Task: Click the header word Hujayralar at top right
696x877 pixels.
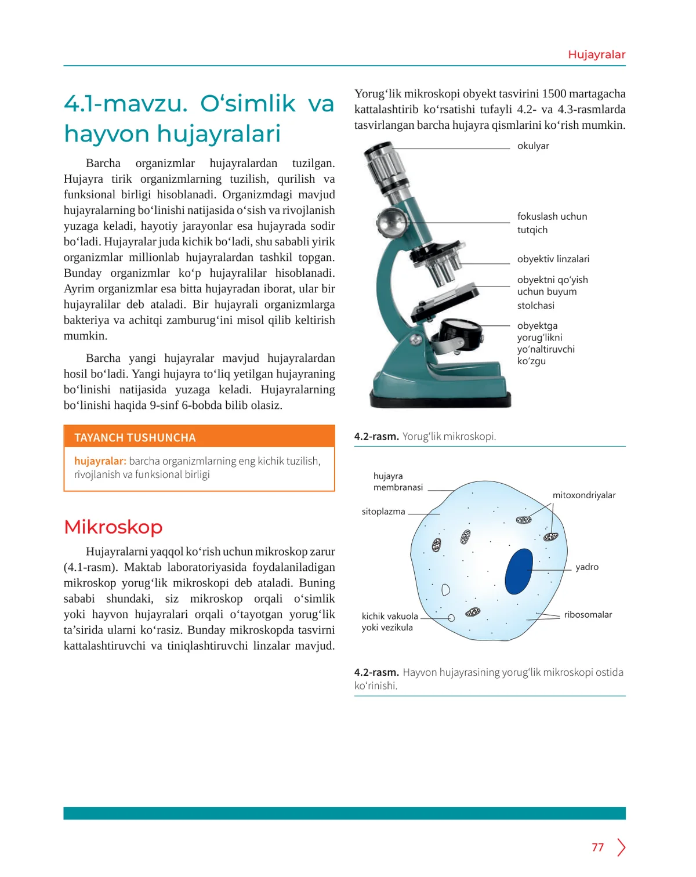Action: point(596,55)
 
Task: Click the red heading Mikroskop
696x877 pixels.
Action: point(113,527)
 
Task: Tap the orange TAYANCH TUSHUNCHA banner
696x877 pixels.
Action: point(199,437)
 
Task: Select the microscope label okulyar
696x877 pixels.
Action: point(532,146)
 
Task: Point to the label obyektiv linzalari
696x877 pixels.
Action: point(553,259)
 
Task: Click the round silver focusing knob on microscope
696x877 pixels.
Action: point(390,220)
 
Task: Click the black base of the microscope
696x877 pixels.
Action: point(441,400)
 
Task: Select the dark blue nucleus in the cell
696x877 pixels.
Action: point(519,571)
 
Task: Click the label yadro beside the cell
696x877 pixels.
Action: point(586,567)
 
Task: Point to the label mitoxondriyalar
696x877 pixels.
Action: point(583,495)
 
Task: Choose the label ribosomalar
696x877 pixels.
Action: point(588,615)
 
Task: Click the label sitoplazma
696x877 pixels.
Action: point(383,512)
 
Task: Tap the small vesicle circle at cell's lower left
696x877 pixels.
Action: point(451,618)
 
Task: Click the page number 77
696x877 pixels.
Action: point(597,847)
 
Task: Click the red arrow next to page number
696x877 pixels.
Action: point(621,847)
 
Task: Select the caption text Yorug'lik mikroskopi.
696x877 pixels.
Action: point(449,436)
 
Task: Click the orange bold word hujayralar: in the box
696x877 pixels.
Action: point(100,461)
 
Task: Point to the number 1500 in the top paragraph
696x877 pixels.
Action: point(553,94)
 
